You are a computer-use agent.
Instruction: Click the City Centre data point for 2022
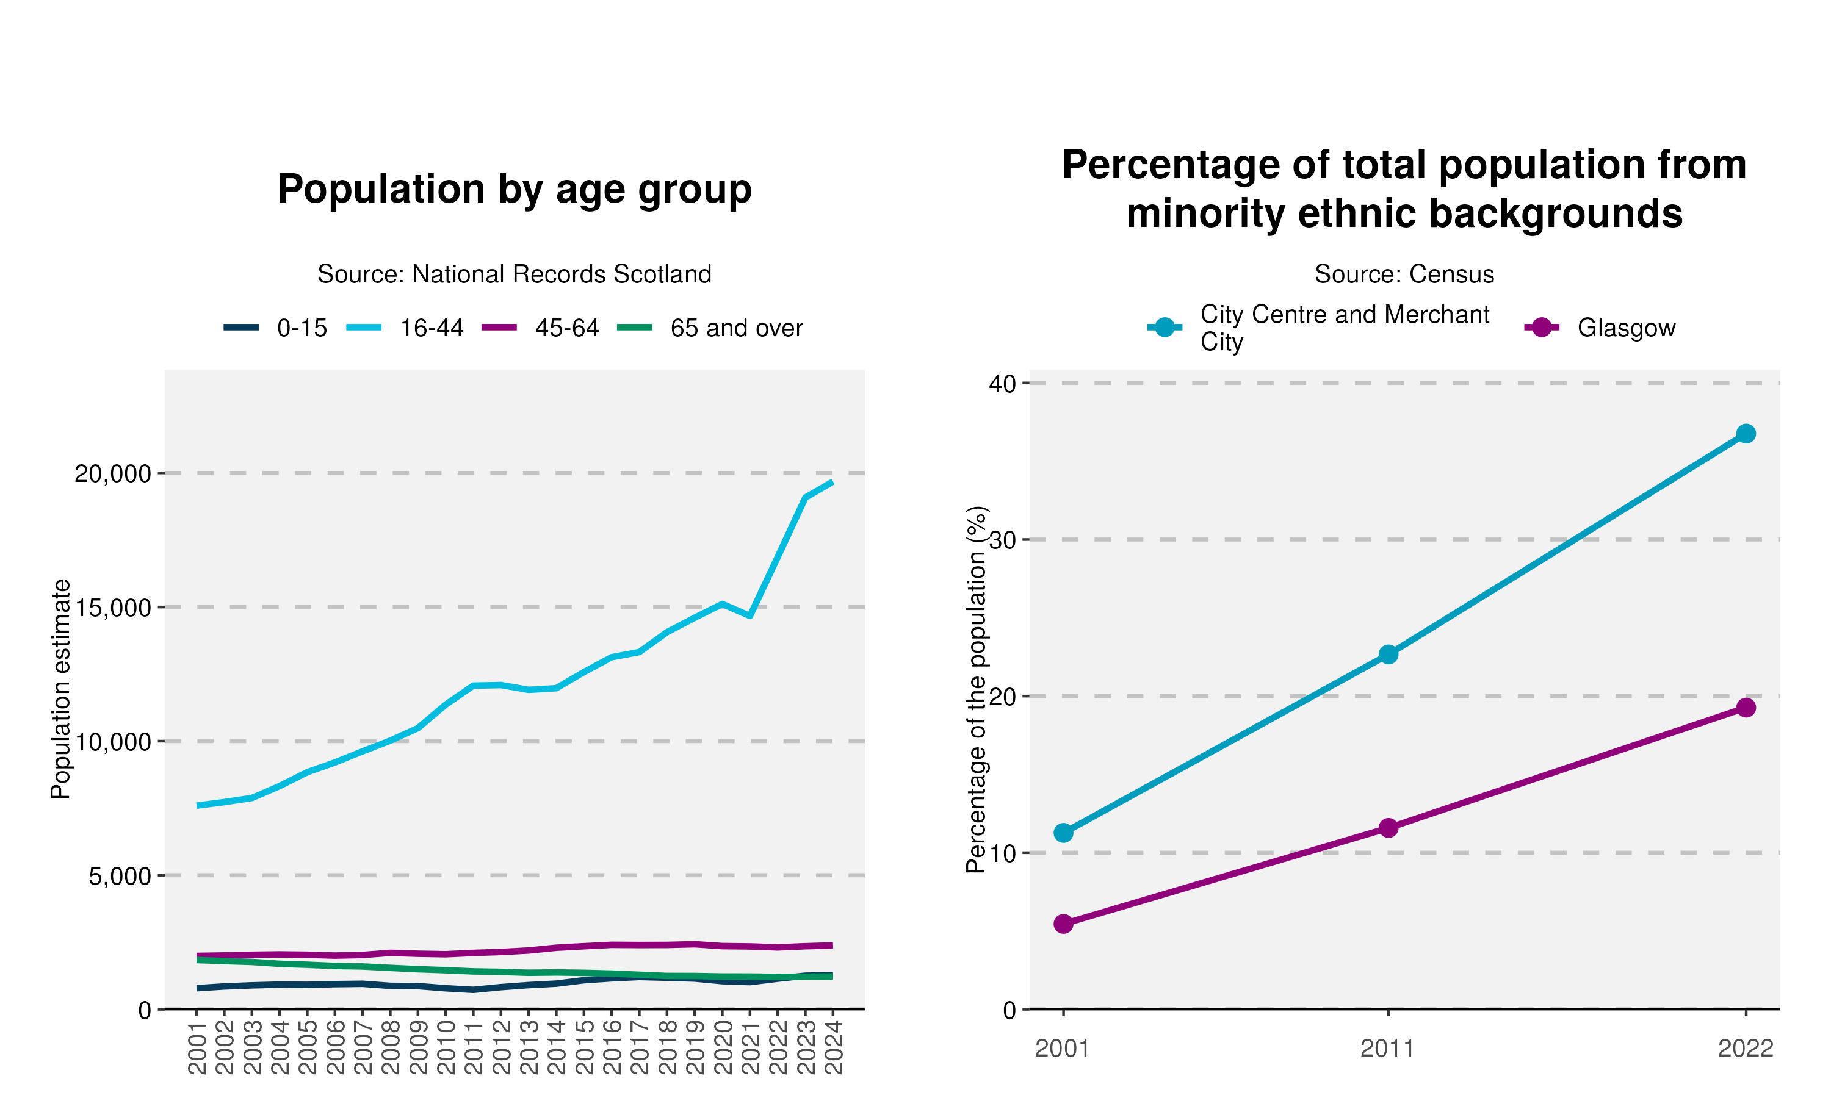(1745, 434)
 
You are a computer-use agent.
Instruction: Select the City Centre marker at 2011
(1389, 654)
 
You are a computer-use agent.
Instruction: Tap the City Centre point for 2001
(1064, 833)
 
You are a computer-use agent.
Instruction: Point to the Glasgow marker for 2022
(1745, 708)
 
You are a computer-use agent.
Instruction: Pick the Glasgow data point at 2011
(1389, 828)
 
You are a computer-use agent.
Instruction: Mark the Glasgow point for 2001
(1064, 924)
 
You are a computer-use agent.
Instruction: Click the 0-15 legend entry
(275, 328)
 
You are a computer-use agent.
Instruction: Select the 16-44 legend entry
(405, 328)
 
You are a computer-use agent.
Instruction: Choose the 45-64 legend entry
(540, 328)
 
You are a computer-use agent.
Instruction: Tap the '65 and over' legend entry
(710, 328)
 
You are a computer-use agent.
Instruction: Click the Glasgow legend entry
(1600, 328)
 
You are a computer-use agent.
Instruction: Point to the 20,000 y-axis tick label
(112, 473)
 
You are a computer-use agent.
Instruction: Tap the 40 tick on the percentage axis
(1003, 383)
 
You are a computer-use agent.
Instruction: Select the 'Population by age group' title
(515, 190)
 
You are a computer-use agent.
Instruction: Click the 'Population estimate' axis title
(60, 689)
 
